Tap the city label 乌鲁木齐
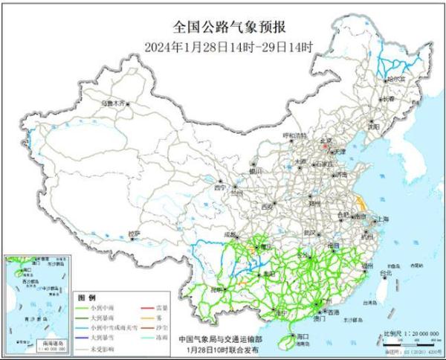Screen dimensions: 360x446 [114, 104]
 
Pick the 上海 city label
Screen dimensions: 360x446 [384, 219]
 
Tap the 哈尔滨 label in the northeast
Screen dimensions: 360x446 [397, 77]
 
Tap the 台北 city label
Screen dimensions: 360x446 [385, 274]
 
